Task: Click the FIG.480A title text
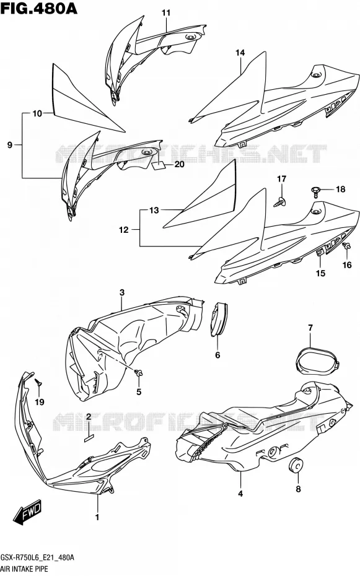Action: click(x=39, y=9)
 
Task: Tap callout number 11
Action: click(x=167, y=13)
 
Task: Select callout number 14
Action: click(x=240, y=53)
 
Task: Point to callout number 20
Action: click(x=179, y=165)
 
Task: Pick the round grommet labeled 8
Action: click(x=296, y=465)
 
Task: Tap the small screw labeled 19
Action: click(x=38, y=382)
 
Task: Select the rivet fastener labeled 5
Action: click(x=139, y=373)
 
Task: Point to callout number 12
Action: click(x=124, y=230)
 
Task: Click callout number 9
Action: click(x=9, y=145)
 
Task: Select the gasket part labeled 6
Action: click(x=219, y=319)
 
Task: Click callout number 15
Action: click(x=321, y=273)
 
